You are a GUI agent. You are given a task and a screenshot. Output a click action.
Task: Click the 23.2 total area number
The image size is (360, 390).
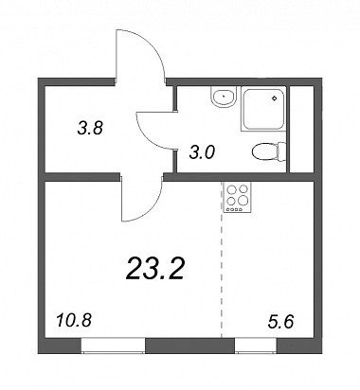154,269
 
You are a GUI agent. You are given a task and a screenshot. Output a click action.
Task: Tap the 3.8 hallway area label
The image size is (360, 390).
90,129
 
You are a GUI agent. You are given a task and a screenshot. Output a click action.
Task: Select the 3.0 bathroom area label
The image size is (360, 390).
202,153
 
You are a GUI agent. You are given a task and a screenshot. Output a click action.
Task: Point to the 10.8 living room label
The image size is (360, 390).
74,321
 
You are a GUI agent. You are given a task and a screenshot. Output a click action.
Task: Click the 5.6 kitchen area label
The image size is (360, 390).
280,322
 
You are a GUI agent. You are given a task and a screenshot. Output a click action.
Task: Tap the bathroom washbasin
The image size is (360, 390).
224,97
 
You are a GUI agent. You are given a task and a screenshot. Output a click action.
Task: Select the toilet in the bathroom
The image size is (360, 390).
269,151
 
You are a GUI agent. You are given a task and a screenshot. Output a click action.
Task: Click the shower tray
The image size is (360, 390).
263,109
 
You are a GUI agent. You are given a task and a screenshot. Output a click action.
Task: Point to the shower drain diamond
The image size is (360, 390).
274,98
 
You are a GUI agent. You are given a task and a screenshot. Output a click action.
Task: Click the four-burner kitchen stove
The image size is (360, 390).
237,197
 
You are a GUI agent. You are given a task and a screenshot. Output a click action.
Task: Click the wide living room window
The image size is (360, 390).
113,346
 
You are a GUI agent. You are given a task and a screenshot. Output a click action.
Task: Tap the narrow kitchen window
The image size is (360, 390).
256,346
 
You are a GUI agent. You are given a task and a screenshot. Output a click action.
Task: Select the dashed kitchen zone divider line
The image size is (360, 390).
222,259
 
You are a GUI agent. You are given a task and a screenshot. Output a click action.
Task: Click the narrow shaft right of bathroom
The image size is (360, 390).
301,129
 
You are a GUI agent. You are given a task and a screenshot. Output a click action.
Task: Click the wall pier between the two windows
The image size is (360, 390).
190,346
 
